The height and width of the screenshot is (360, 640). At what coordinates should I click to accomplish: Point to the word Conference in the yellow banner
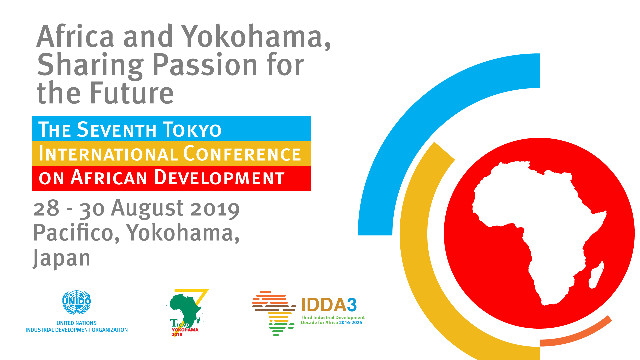(x=242, y=154)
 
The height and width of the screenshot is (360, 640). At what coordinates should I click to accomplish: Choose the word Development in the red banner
(x=219, y=177)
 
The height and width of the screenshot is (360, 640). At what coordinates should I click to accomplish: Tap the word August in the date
(x=147, y=209)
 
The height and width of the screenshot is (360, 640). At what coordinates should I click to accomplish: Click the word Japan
(x=62, y=258)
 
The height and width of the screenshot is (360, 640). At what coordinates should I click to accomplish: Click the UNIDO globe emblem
(x=77, y=302)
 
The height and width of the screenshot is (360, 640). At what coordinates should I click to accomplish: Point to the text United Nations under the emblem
(x=77, y=323)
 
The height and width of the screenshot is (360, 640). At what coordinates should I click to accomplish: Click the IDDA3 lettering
(x=329, y=305)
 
